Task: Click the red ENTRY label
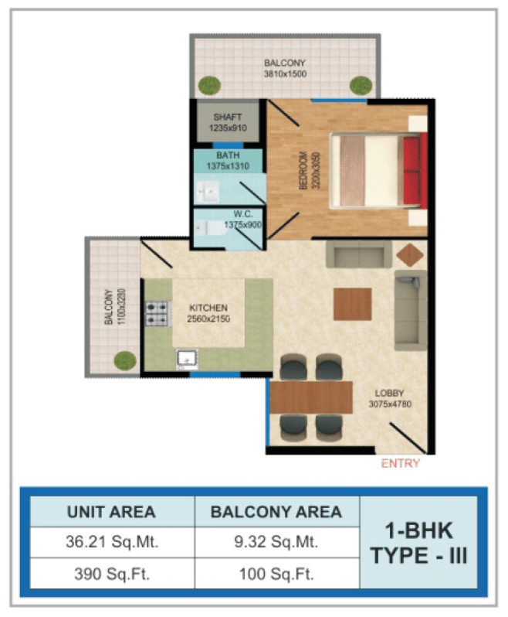pyautogui.click(x=401, y=463)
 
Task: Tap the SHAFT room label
pyautogui.click(x=228, y=117)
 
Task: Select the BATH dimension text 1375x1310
pyautogui.click(x=228, y=166)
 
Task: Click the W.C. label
pyautogui.click(x=243, y=214)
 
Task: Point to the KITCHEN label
pyautogui.click(x=208, y=308)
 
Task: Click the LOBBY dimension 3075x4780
pyautogui.click(x=390, y=404)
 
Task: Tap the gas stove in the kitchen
pyautogui.click(x=157, y=313)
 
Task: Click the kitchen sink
pyautogui.click(x=187, y=360)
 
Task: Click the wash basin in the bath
pyautogui.click(x=207, y=192)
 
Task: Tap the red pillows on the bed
pyautogui.click(x=415, y=171)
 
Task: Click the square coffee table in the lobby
pyautogui.click(x=352, y=304)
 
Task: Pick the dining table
pyautogui.click(x=311, y=397)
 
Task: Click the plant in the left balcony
pyautogui.click(x=125, y=360)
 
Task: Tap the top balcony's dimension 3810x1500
pyautogui.click(x=285, y=73)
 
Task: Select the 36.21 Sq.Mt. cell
pyautogui.click(x=112, y=542)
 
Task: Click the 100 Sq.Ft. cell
pyautogui.click(x=276, y=574)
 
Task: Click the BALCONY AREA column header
pyautogui.click(x=276, y=512)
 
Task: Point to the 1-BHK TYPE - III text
pyautogui.click(x=418, y=543)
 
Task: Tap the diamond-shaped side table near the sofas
pyautogui.click(x=410, y=255)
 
